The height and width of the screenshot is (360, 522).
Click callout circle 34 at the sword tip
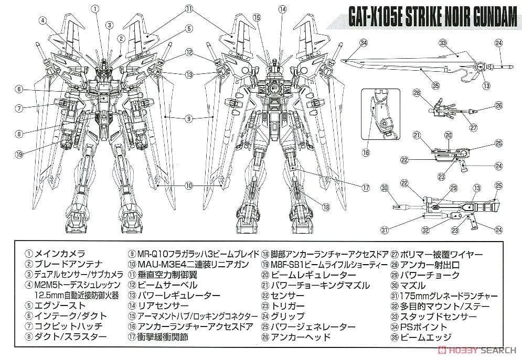point(364,43)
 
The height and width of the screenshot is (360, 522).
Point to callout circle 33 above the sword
point(443,43)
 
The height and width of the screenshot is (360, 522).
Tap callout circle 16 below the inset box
point(366,152)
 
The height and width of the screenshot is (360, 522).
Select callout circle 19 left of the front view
point(19,154)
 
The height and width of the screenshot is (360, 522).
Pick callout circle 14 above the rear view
point(282,9)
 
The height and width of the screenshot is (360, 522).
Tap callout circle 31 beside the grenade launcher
point(385,230)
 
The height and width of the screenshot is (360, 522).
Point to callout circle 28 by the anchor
point(417,93)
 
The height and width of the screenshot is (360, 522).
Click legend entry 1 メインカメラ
point(56,254)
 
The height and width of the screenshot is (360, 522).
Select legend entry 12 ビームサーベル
point(163,285)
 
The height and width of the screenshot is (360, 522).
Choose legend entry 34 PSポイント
point(419,327)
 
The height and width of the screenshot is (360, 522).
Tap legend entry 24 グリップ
point(283,316)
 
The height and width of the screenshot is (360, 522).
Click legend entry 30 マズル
point(409,285)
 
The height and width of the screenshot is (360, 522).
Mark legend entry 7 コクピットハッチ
point(64,326)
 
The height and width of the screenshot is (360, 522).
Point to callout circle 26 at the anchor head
point(498,106)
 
